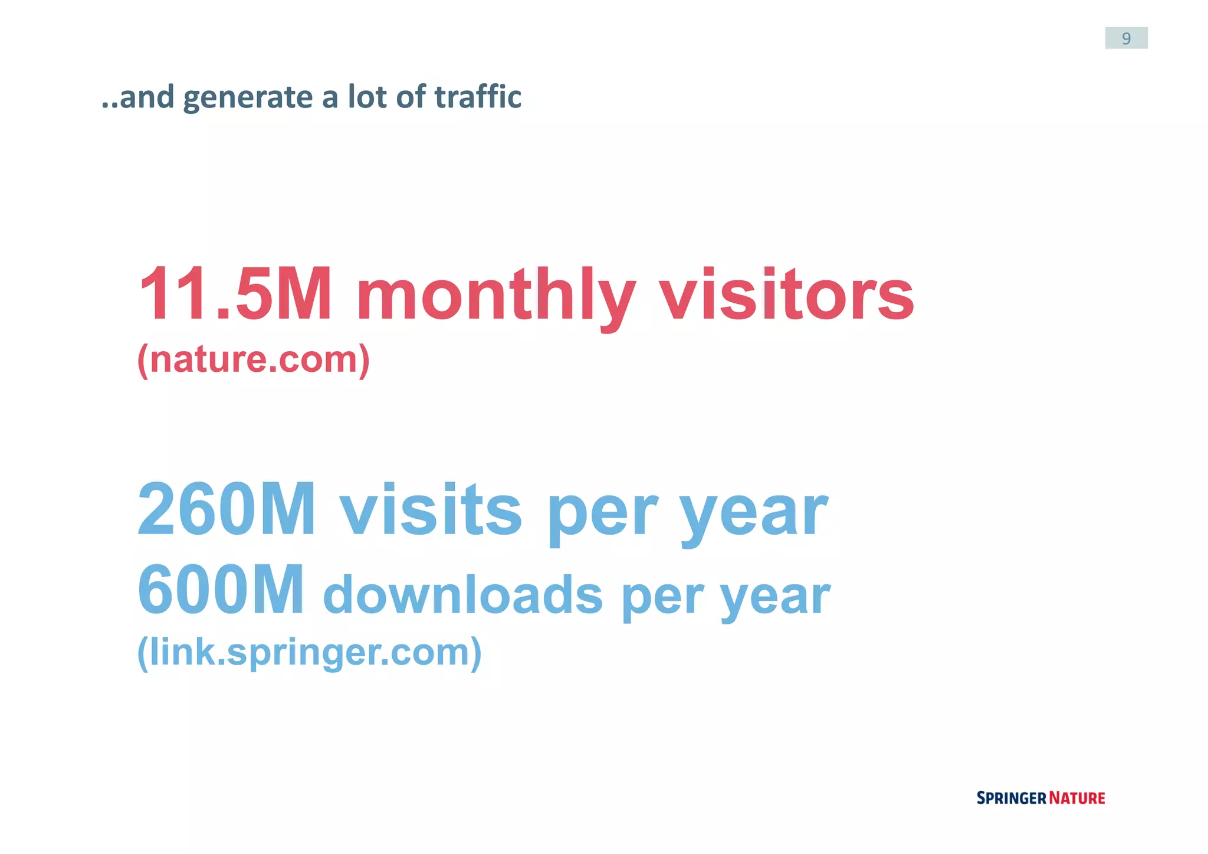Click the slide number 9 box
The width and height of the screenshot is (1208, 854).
pyautogui.click(x=1125, y=38)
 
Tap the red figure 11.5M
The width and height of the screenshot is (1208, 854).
pyautogui.click(x=235, y=294)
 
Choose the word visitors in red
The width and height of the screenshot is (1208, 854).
pyautogui.click(x=786, y=294)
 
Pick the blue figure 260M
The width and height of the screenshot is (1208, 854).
pyautogui.click(x=226, y=509)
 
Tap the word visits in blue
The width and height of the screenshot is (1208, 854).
pyautogui.click(x=430, y=509)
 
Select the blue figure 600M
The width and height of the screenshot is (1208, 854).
pyautogui.click(x=221, y=590)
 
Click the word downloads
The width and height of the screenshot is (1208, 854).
pyautogui.click(x=462, y=595)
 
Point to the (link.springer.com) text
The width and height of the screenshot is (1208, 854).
pyautogui.click(x=309, y=652)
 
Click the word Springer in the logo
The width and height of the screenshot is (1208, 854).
pyautogui.click(x=1010, y=798)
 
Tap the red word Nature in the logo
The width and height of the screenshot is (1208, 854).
pyautogui.click(x=1076, y=798)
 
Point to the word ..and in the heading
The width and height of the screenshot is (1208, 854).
pyautogui.click(x=138, y=97)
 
